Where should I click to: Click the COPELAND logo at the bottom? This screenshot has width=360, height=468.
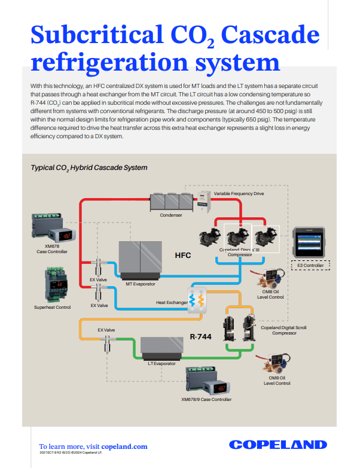coord(278,445)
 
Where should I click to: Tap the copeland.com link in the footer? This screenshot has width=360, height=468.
coord(124,446)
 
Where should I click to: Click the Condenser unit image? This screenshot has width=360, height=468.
coord(170,202)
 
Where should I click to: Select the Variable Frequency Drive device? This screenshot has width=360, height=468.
coord(206,197)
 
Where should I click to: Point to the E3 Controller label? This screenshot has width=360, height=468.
coord(310,265)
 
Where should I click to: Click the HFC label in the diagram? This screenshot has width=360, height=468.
coord(182,256)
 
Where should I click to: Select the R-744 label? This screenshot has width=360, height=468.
coord(201,336)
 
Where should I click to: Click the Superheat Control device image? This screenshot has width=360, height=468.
coord(53,285)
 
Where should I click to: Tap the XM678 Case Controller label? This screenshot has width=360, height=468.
coord(52,249)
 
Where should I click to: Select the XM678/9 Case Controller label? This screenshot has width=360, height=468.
coord(206,399)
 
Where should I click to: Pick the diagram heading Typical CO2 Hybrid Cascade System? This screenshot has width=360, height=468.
coord(89,168)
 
